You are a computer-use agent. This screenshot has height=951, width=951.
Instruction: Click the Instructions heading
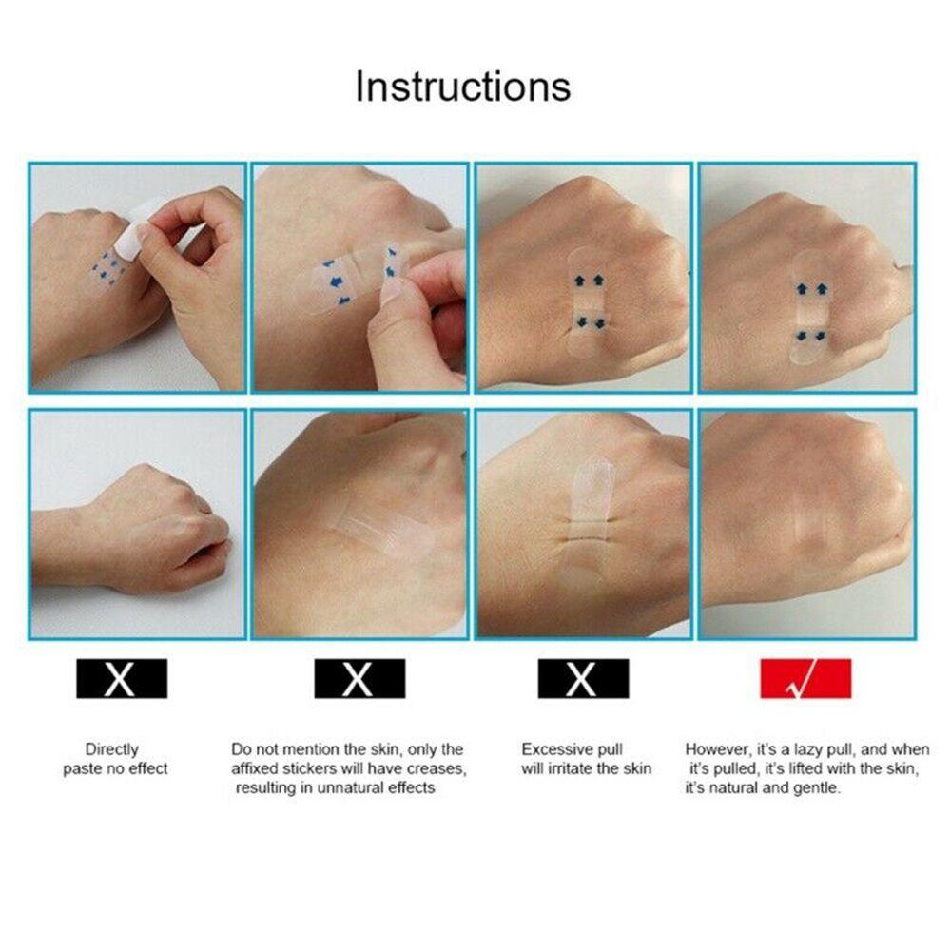point(463,87)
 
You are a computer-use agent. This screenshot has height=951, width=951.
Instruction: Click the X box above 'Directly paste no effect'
point(122,679)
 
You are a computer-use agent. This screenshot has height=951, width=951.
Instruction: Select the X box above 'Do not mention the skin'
point(359,679)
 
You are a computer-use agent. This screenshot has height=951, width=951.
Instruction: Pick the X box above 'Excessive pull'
point(583,679)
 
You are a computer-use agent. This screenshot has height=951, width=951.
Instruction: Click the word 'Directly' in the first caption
point(111,749)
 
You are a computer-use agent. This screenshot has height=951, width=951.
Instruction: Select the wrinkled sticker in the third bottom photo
point(587,523)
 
